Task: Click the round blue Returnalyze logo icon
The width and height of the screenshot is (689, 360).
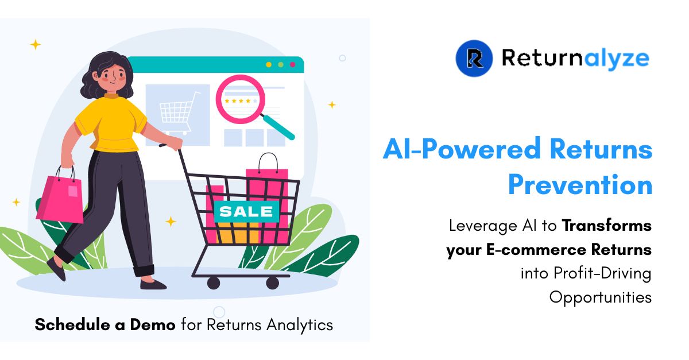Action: tap(474, 58)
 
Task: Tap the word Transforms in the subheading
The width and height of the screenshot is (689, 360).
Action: tap(606, 226)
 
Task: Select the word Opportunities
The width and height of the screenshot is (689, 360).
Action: tap(600, 297)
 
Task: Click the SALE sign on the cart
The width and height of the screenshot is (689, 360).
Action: tap(246, 211)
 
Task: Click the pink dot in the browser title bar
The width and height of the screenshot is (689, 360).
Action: tap(293, 64)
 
